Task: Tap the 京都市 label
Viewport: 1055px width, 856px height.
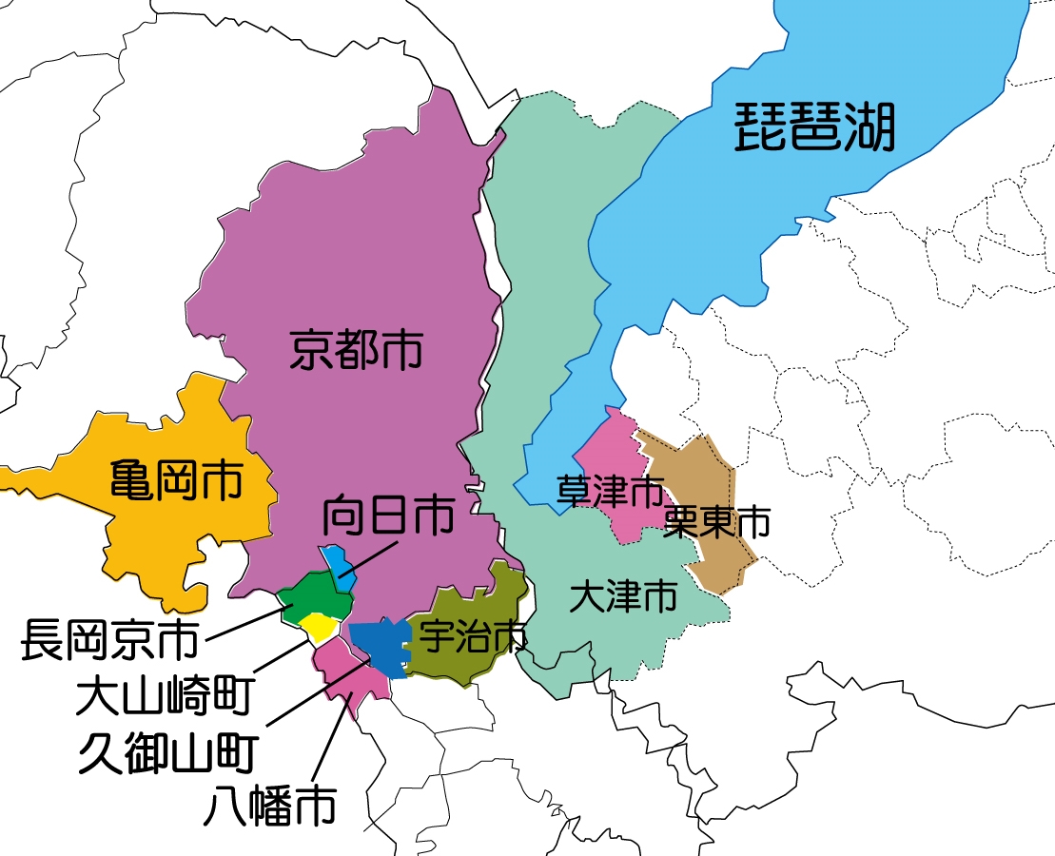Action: point(357,351)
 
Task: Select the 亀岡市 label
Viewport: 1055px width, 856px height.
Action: point(176,480)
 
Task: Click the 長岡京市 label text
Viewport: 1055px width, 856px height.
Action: point(109,640)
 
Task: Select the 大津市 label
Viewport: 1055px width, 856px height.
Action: point(623,597)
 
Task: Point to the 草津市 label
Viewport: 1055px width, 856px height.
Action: point(609,492)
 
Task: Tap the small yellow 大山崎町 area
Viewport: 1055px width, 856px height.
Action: point(318,626)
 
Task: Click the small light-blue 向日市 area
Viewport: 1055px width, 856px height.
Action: point(338,561)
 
